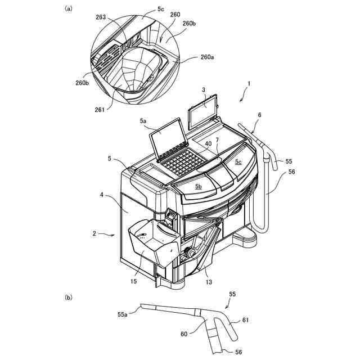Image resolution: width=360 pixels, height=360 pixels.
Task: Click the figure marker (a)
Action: [x=69, y=8]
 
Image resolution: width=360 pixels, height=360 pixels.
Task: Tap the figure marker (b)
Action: [x=69, y=296]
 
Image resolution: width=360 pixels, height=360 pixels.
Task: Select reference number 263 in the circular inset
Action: [x=102, y=17]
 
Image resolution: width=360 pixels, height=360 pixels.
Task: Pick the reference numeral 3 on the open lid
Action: [x=205, y=90]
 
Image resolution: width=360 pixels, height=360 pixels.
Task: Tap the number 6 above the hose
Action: [x=259, y=115]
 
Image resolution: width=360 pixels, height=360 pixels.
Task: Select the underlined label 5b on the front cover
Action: [x=199, y=186]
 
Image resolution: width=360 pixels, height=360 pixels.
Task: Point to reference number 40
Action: [x=208, y=145]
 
